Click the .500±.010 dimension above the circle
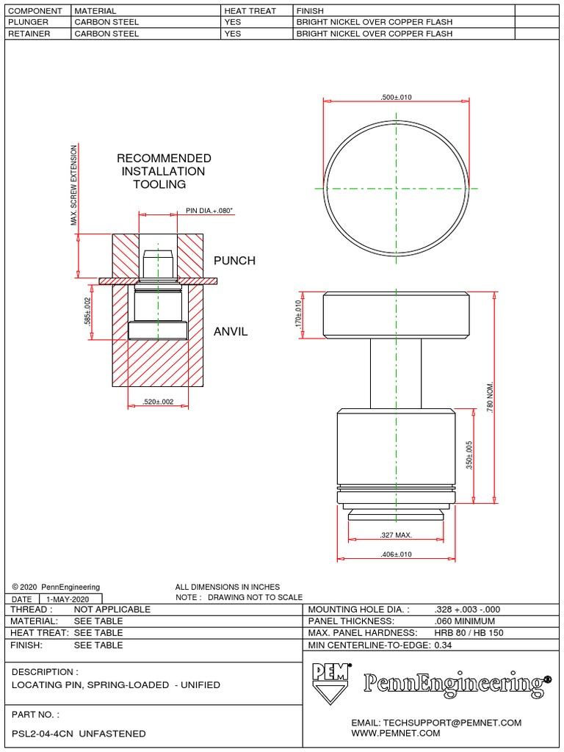pos(396,98)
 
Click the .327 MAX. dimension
pos(395,535)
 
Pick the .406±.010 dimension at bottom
pos(395,554)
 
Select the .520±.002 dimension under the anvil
pos(158,402)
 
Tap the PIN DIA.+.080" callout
pos(209,211)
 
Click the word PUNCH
pos(234,261)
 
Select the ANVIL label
pos(231,332)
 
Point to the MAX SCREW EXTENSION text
pos(73,186)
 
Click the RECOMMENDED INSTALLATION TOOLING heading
pos(164,171)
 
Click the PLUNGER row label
pos(28,22)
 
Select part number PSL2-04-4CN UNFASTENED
pos(79,734)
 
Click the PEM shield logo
pos(330,683)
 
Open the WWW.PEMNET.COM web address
pos(396,734)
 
